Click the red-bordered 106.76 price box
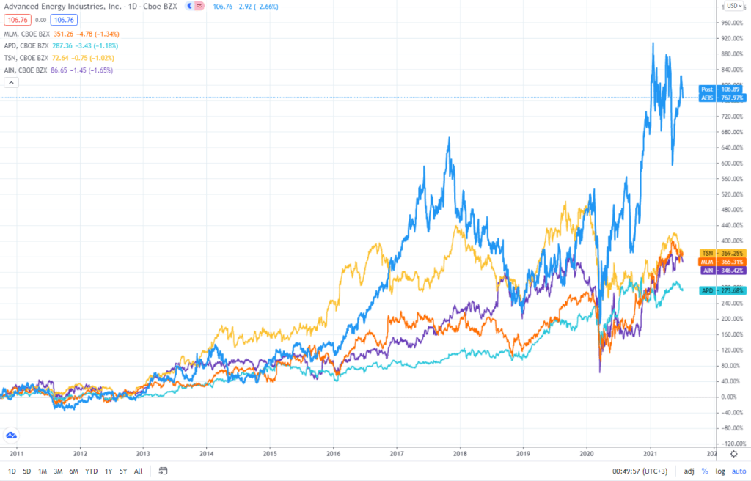[15, 19]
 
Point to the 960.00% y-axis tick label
[734, 23]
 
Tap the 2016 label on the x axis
[334, 452]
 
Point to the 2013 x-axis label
[144, 452]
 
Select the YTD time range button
[91, 471]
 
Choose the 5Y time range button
[122, 471]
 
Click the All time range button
[138, 471]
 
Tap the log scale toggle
[719, 471]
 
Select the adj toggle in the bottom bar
[689, 471]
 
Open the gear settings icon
[733, 455]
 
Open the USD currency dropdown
[733, 7]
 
